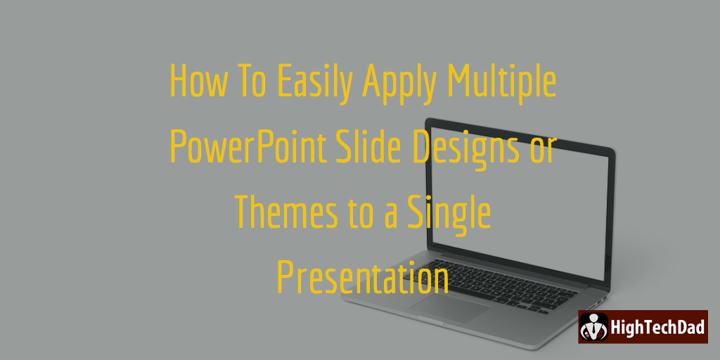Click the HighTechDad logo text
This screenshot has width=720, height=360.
[657, 327]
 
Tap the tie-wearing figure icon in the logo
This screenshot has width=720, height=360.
[593, 327]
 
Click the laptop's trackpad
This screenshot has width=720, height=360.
[451, 307]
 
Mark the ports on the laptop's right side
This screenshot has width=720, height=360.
[598, 302]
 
